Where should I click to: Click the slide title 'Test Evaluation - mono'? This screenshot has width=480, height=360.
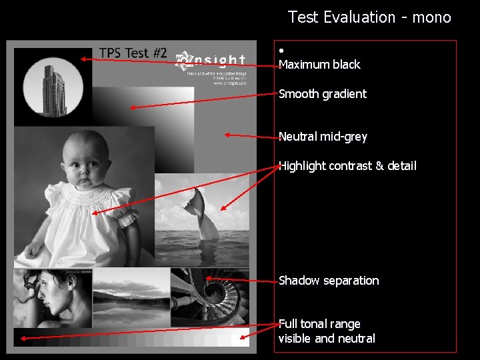pos(369,17)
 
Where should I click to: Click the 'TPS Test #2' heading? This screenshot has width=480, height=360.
pos(133,53)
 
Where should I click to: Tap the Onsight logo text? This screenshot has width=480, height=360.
pos(211,61)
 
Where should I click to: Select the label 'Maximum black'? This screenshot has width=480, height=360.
pos(319,65)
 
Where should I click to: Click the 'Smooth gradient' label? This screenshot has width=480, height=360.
pos(322,94)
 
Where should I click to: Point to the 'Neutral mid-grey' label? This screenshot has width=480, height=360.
pos(323,137)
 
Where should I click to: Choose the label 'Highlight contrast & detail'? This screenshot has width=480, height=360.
pos(347,165)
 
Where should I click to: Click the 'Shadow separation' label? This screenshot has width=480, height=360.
pos(328,281)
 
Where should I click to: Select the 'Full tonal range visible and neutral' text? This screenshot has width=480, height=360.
pos(326,331)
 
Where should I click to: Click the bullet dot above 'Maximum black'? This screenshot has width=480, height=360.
pos(282,51)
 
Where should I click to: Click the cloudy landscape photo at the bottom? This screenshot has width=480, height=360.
pos(131,297)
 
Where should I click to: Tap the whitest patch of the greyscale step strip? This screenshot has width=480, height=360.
pos(241,339)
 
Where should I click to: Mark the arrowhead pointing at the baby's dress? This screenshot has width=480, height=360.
pos(94,213)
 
